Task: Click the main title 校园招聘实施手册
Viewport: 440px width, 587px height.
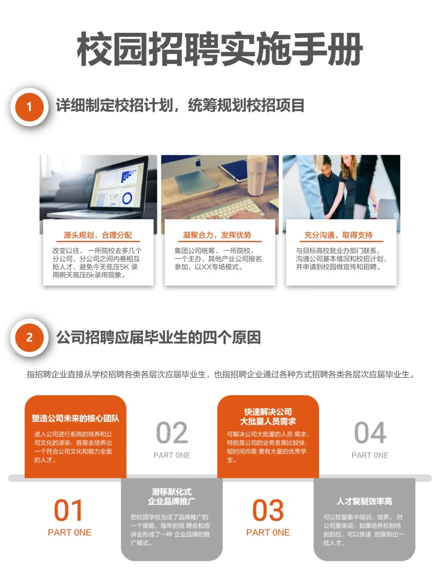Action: pos(220,49)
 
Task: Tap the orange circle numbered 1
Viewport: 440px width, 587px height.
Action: pos(29,107)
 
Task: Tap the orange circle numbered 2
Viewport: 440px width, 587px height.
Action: pos(29,338)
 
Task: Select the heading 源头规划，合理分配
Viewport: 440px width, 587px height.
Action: pos(98,235)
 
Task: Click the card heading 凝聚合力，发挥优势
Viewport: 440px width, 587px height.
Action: pos(217,235)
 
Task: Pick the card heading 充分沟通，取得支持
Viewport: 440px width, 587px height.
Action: pos(338,235)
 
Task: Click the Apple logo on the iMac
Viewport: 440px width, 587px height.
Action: pos(198,163)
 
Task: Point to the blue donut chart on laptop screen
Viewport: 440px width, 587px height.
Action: pos(127,199)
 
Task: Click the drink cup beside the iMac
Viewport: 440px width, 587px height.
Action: pos(257,177)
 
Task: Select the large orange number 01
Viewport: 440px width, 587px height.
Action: pos(68,510)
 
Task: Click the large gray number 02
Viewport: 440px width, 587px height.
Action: pos(172,433)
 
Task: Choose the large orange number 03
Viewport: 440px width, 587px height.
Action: pos(268,510)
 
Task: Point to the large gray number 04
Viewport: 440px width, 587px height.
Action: pos(370,433)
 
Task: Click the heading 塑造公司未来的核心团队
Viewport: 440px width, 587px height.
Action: pos(75,418)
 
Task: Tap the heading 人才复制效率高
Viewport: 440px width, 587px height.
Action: pos(364,501)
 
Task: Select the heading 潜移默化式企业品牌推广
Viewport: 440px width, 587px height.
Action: pos(172,497)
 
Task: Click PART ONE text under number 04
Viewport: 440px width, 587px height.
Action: pos(370,455)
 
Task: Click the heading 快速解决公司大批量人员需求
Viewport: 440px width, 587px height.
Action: pos(268,417)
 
